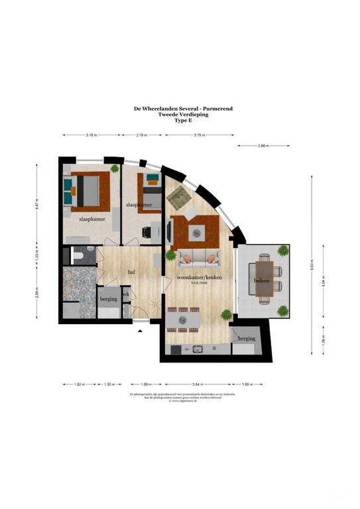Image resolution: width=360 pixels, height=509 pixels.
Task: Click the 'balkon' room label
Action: [260, 280]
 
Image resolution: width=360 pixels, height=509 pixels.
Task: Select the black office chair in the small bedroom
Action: [147, 232]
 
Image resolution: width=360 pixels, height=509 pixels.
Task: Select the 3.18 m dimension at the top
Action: [91, 135]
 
